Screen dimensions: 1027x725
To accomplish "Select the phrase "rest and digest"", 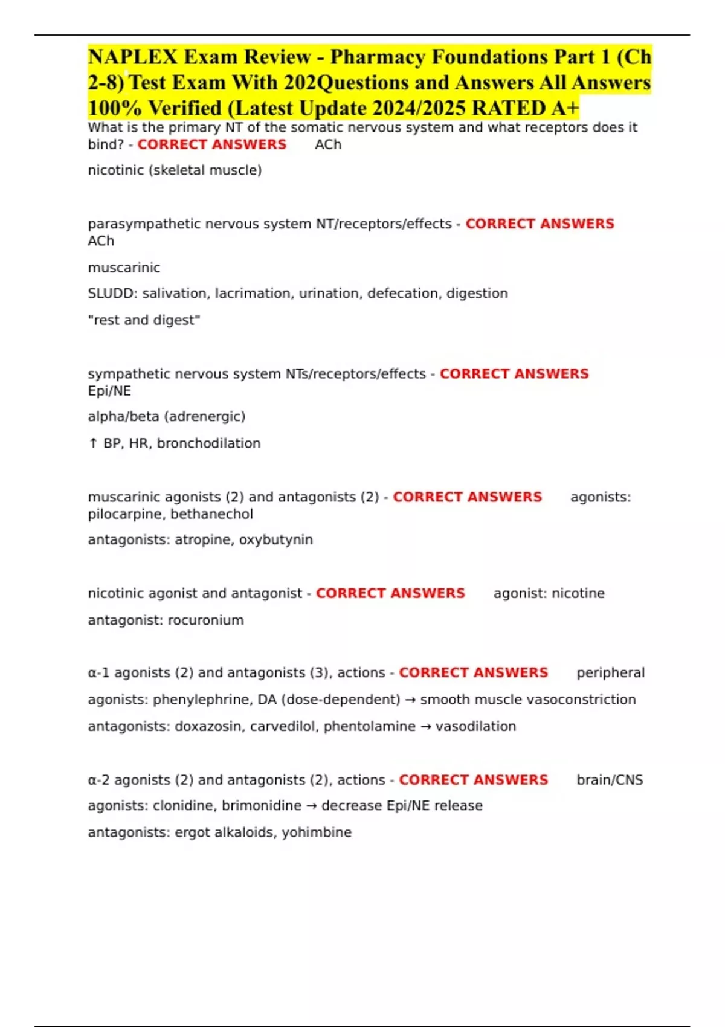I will click(x=144, y=320).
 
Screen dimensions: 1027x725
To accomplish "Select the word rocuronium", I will click(x=205, y=620).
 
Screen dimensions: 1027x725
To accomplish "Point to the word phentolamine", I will click(x=369, y=726).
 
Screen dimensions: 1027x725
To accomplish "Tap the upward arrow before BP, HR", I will click(x=93, y=443).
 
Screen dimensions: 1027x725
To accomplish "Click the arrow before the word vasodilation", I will click(x=425, y=726).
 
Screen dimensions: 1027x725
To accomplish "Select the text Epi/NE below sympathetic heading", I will click(x=109, y=391).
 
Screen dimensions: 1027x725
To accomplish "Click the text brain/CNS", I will click(x=610, y=780).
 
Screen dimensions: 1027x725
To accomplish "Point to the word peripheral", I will click(x=610, y=673).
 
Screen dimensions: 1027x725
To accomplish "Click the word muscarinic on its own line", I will click(x=124, y=268).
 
